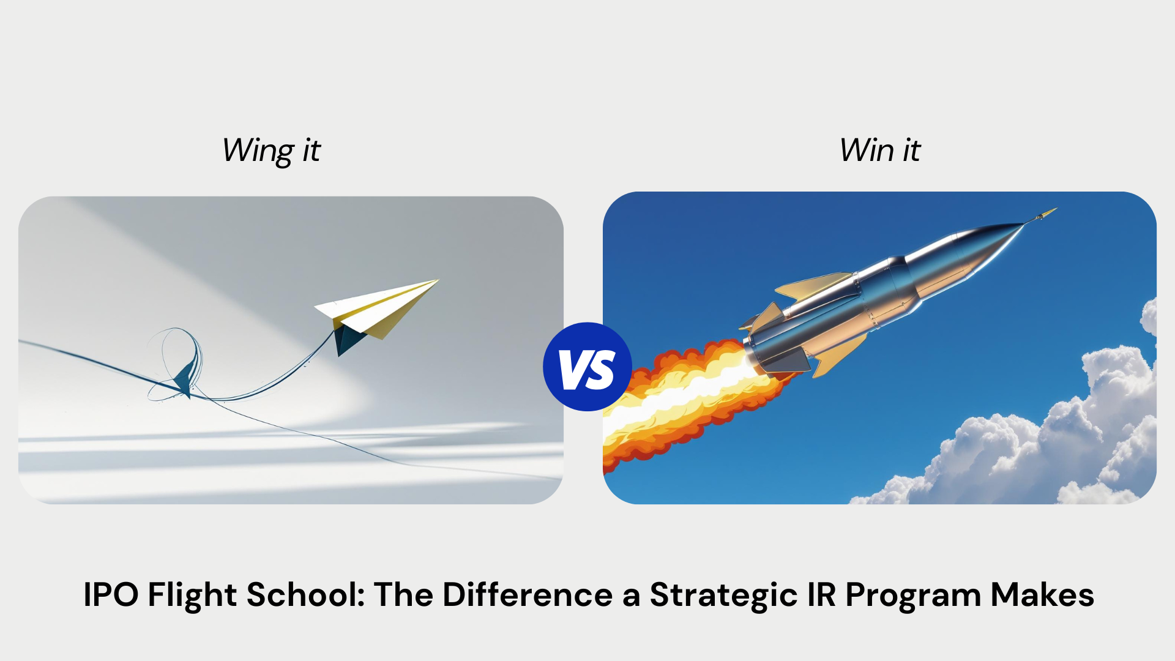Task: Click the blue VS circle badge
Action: [x=587, y=367]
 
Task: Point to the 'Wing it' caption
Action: [x=271, y=151]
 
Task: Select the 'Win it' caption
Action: [x=880, y=150]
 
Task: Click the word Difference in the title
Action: [x=528, y=594]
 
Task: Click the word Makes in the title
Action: [x=1042, y=594]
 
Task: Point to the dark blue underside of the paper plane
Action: [x=348, y=339]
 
